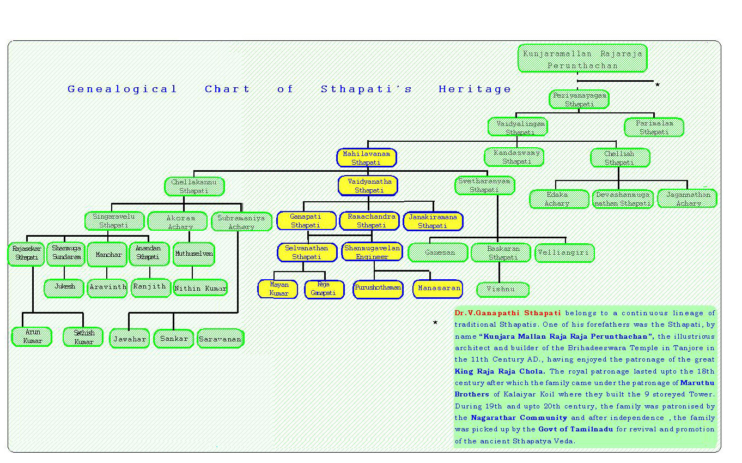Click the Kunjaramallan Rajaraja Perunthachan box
[582, 58]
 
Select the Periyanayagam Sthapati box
[579, 99]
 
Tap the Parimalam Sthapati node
[654, 128]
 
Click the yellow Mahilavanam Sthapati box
[367, 158]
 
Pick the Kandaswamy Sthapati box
[514, 157]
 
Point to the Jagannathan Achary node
[687, 199]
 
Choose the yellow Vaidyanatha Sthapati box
[368, 185]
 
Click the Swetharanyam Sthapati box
[484, 185]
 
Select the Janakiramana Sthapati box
[433, 221]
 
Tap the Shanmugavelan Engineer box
[372, 252]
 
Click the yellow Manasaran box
[438, 289]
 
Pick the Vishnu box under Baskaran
[502, 290]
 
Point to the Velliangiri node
[564, 253]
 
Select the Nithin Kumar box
[200, 288]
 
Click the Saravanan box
[220, 339]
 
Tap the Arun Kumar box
[32, 336]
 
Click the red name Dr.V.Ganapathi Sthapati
[508, 313]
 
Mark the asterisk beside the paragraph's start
[435, 323]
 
